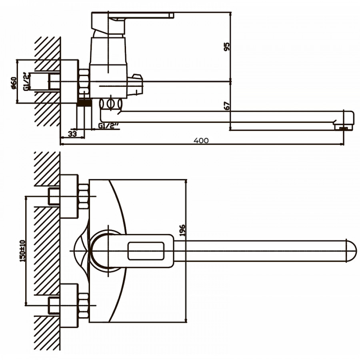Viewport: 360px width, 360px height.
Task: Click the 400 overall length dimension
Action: click(201, 140)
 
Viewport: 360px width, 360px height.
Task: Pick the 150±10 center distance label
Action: click(22, 250)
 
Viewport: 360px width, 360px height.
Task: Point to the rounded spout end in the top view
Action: click(350, 251)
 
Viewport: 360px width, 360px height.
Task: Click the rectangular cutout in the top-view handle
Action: click(145, 251)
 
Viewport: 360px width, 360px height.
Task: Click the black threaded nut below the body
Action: click(84, 103)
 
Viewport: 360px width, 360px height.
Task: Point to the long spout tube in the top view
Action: click(260, 251)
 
